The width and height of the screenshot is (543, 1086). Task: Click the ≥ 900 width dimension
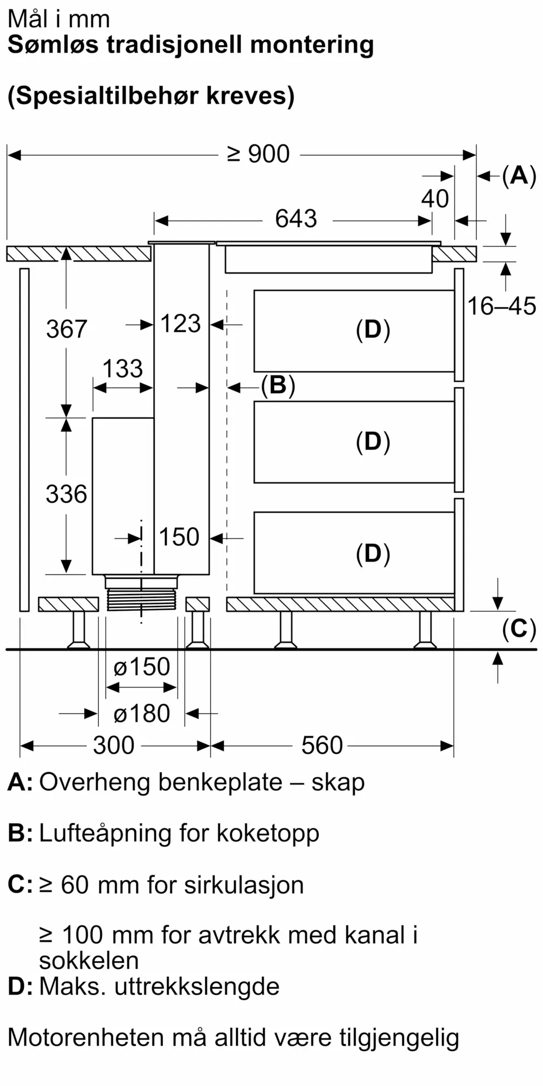point(258,154)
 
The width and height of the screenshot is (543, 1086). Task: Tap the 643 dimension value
point(296,219)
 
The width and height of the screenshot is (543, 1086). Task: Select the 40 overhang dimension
point(435,199)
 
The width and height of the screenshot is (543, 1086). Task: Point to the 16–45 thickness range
point(502,306)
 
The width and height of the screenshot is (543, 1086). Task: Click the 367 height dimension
point(66,329)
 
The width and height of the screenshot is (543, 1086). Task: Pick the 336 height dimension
point(66,494)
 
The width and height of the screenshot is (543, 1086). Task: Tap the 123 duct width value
point(181,324)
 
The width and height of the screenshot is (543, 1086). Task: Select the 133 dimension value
point(123,369)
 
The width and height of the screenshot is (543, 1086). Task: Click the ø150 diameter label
point(142,667)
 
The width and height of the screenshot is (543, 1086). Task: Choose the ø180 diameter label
point(142,714)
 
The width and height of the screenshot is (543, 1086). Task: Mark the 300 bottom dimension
point(113,746)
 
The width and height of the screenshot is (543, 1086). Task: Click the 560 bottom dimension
point(322,746)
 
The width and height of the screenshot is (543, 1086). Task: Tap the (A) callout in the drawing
point(519,176)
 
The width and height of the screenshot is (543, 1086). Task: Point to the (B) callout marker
point(278,386)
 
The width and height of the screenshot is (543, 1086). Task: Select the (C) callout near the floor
point(519,629)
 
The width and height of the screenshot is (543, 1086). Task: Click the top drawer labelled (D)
point(354,331)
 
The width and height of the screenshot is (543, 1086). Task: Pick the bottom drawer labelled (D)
point(354,553)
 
